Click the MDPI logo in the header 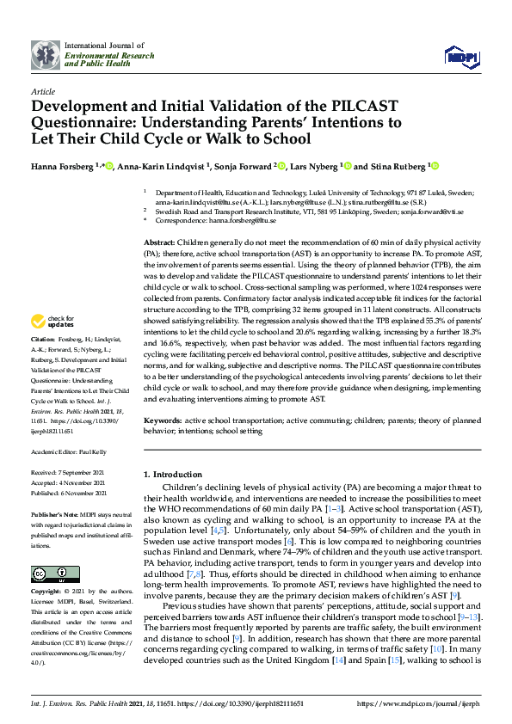pyautogui.click(x=460, y=56)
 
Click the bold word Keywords pyautogui.click(x=162, y=420)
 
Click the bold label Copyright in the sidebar pyautogui.click(x=47, y=592)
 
